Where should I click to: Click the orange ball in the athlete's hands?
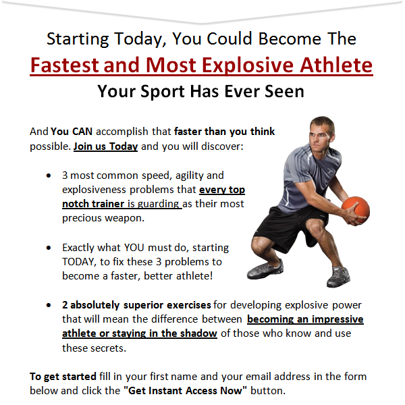pyautogui.click(x=356, y=209)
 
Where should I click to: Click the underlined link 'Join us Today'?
pyautogui.click(x=106, y=146)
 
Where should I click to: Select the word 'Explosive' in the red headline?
pyautogui.click(x=247, y=65)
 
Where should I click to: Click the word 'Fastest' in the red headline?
pyautogui.click(x=65, y=65)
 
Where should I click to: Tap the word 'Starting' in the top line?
pyautogui.click(x=78, y=39)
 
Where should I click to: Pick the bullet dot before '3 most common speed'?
pyautogui.click(x=49, y=176)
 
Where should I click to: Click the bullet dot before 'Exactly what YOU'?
pyautogui.click(x=49, y=248)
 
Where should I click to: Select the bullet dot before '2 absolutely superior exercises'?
pyautogui.click(x=49, y=305)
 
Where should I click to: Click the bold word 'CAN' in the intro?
pyautogui.click(x=82, y=132)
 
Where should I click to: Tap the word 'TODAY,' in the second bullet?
pyautogui.click(x=79, y=262)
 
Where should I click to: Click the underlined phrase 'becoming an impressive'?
pyautogui.click(x=305, y=319)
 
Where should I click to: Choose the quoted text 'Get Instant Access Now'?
pyautogui.click(x=185, y=391)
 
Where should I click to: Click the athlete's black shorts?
pyautogui.click(x=290, y=227)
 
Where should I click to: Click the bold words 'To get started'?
pyautogui.click(x=63, y=377)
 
